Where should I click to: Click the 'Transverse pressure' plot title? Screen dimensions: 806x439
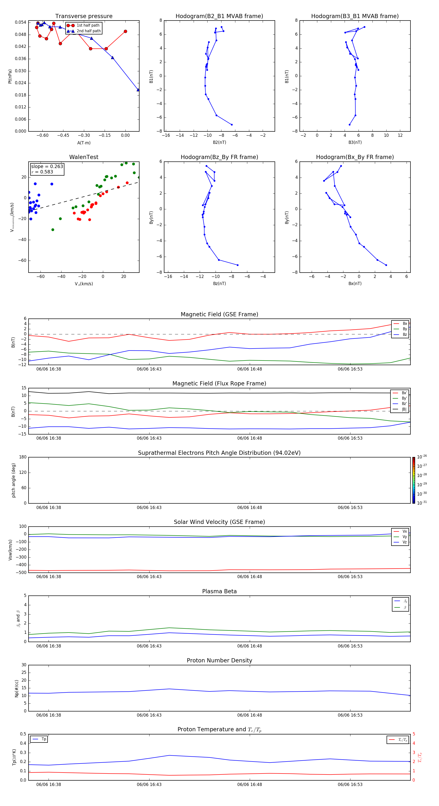[x=84, y=16]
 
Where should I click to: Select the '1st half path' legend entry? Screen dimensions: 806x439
[x=88, y=25]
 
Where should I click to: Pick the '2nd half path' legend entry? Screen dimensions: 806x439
[x=89, y=31]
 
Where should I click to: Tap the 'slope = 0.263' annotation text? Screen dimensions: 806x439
[x=47, y=167]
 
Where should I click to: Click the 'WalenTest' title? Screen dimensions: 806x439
[x=84, y=157]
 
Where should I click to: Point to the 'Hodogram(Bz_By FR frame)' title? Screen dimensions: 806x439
[x=219, y=157]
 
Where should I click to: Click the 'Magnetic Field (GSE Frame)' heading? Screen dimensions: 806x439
[x=219, y=314]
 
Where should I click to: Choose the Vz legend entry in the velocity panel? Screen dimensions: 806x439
[x=404, y=542]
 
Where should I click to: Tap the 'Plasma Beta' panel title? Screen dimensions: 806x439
[x=219, y=591]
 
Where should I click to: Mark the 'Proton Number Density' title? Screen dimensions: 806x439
[x=219, y=660]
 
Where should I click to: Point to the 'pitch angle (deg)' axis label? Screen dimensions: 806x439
[x=14, y=480]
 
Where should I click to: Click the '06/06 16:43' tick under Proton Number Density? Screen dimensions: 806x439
[x=149, y=715]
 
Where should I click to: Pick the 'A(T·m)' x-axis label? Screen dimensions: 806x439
[x=84, y=143]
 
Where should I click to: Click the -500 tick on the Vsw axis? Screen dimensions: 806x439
[x=21, y=573]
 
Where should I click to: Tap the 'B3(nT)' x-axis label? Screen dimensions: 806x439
[x=355, y=142]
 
